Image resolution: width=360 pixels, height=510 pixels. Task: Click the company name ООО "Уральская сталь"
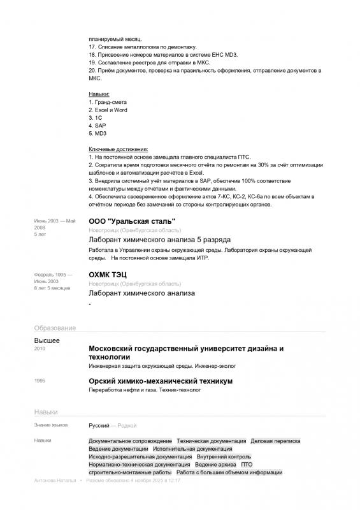click(132, 221)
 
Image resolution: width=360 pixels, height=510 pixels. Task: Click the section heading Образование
click(55, 328)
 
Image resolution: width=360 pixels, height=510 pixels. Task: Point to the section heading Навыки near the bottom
click(46, 412)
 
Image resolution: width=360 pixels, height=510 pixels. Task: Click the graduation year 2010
click(40, 349)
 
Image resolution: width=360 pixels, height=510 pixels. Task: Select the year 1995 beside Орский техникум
click(40, 381)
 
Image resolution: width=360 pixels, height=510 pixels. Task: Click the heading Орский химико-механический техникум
click(161, 381)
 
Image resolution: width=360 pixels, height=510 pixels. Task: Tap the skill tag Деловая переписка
click(275, 441)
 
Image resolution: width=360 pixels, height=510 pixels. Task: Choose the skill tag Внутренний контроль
click(224, 457)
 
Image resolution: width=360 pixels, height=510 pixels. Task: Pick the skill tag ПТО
click(238, 465)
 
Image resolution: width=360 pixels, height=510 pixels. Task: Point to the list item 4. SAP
click(97, 126)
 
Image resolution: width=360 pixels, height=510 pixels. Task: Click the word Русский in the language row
click(99, 425)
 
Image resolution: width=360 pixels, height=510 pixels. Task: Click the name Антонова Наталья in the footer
click(54, 481)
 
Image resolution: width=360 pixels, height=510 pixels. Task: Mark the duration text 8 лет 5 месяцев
click(52, 288)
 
